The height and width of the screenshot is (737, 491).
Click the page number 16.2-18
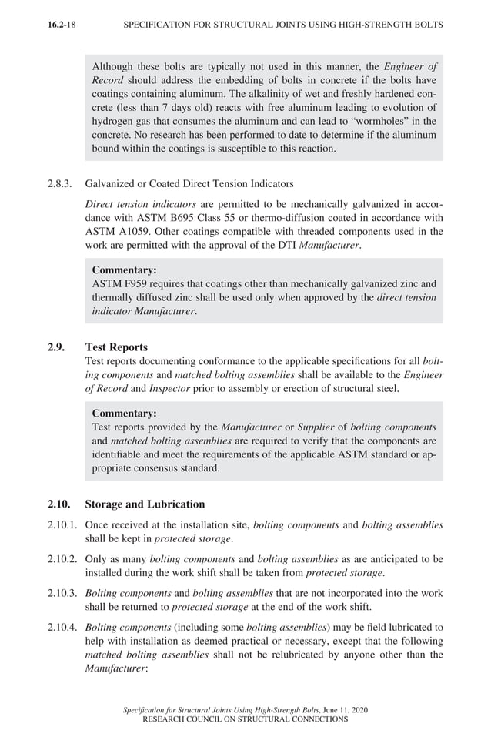[62, 25]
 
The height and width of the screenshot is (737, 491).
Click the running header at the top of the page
[283, 25]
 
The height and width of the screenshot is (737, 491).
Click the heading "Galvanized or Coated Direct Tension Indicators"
[190, 184]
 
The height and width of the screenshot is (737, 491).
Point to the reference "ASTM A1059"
[113, 231]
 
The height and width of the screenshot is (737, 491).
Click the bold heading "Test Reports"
[116, 347]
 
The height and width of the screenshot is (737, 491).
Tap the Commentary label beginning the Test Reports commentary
[124, 414]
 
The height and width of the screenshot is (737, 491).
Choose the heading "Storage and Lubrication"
[145, 504]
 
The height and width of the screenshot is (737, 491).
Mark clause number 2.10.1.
[62, 524]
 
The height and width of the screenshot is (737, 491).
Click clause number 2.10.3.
[62, 593]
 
